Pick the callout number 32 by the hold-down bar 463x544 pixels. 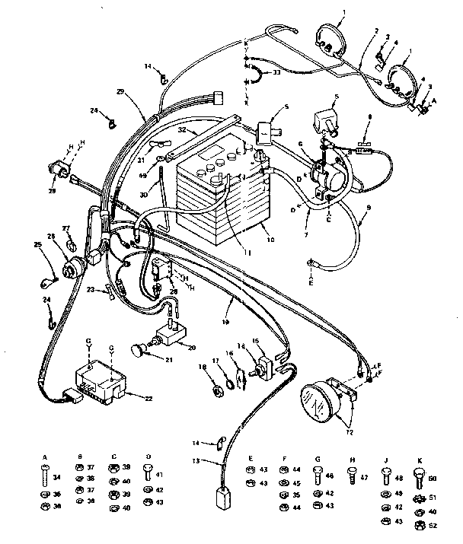[x=183, y=129]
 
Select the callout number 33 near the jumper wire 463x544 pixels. [x=276, y=72]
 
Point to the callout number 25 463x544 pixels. [x=37, y=244]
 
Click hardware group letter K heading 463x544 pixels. [x=420, y=460]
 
